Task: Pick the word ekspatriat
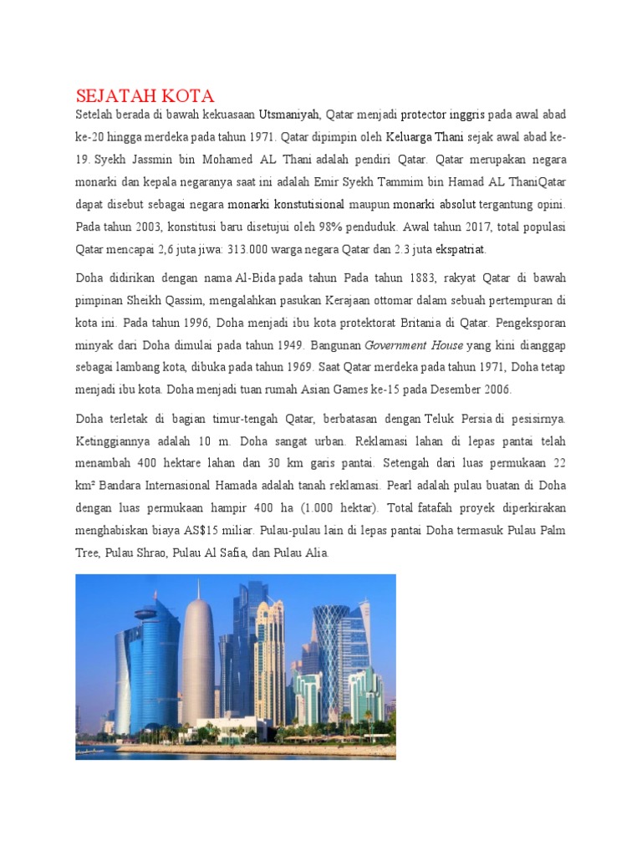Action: pos(461,249)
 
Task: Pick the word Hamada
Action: pos(252,485)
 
